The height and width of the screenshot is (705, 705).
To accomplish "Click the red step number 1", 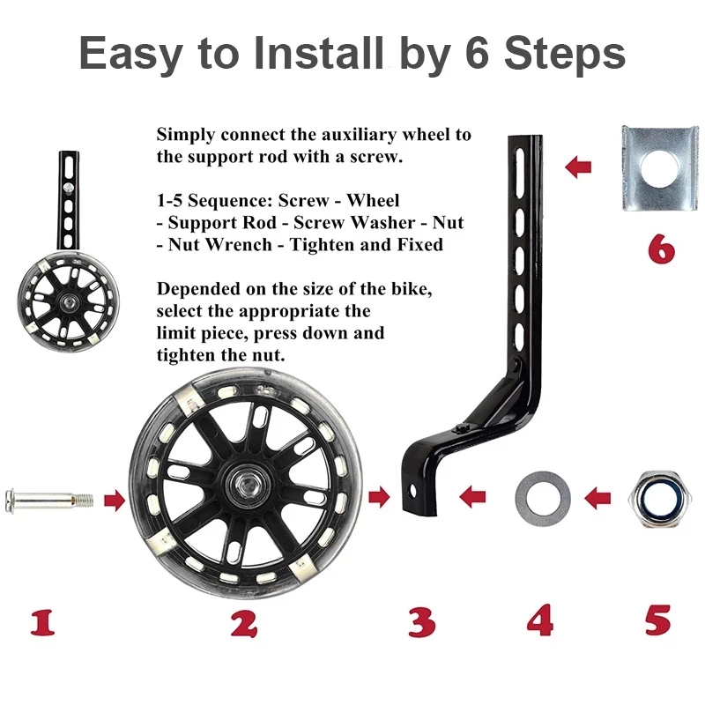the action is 43,622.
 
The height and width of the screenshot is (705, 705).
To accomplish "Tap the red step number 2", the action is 244,622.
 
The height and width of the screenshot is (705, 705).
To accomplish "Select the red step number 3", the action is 422,622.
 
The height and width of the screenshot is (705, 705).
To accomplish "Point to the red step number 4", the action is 540,620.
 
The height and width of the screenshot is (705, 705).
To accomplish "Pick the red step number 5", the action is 657,620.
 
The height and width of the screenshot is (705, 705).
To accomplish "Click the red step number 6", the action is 662,249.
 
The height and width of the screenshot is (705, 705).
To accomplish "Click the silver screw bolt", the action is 49,500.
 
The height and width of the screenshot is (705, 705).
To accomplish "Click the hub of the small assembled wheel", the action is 69,300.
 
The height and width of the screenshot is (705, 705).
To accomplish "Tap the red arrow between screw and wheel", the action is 115,500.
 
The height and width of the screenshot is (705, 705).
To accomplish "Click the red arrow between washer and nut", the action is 597,498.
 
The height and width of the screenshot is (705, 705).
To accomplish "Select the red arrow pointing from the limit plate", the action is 578,167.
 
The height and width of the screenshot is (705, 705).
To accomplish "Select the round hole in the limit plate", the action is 658,168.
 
